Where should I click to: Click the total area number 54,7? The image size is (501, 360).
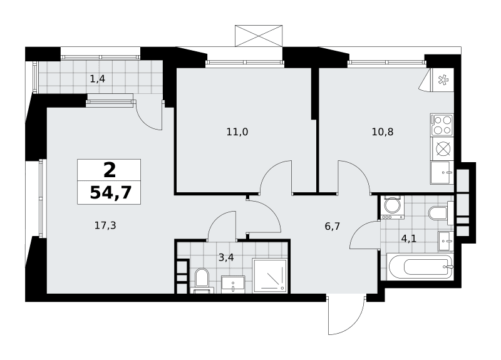111,192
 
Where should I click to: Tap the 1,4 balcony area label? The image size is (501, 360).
98,79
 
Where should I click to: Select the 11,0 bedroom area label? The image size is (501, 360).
237,131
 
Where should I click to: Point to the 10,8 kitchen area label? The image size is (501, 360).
383,131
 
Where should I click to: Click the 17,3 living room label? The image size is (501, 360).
105,225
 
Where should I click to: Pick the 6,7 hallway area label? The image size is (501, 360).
333,227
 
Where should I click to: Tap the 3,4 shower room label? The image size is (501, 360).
226,257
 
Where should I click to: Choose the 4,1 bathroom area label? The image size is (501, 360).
409,239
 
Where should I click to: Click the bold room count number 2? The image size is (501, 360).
110,170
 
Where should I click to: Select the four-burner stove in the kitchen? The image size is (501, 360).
442,125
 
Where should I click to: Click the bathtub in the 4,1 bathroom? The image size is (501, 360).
420,267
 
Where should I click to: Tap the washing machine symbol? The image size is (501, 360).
392,207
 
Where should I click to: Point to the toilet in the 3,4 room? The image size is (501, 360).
202,280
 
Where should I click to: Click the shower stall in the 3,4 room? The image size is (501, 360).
269,276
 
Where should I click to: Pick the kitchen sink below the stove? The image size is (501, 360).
442,173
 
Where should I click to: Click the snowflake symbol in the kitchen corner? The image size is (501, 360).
443,80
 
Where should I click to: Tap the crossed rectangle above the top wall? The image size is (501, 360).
259,36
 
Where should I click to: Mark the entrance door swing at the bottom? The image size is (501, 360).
347,316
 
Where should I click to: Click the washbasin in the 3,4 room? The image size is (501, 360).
233,284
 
